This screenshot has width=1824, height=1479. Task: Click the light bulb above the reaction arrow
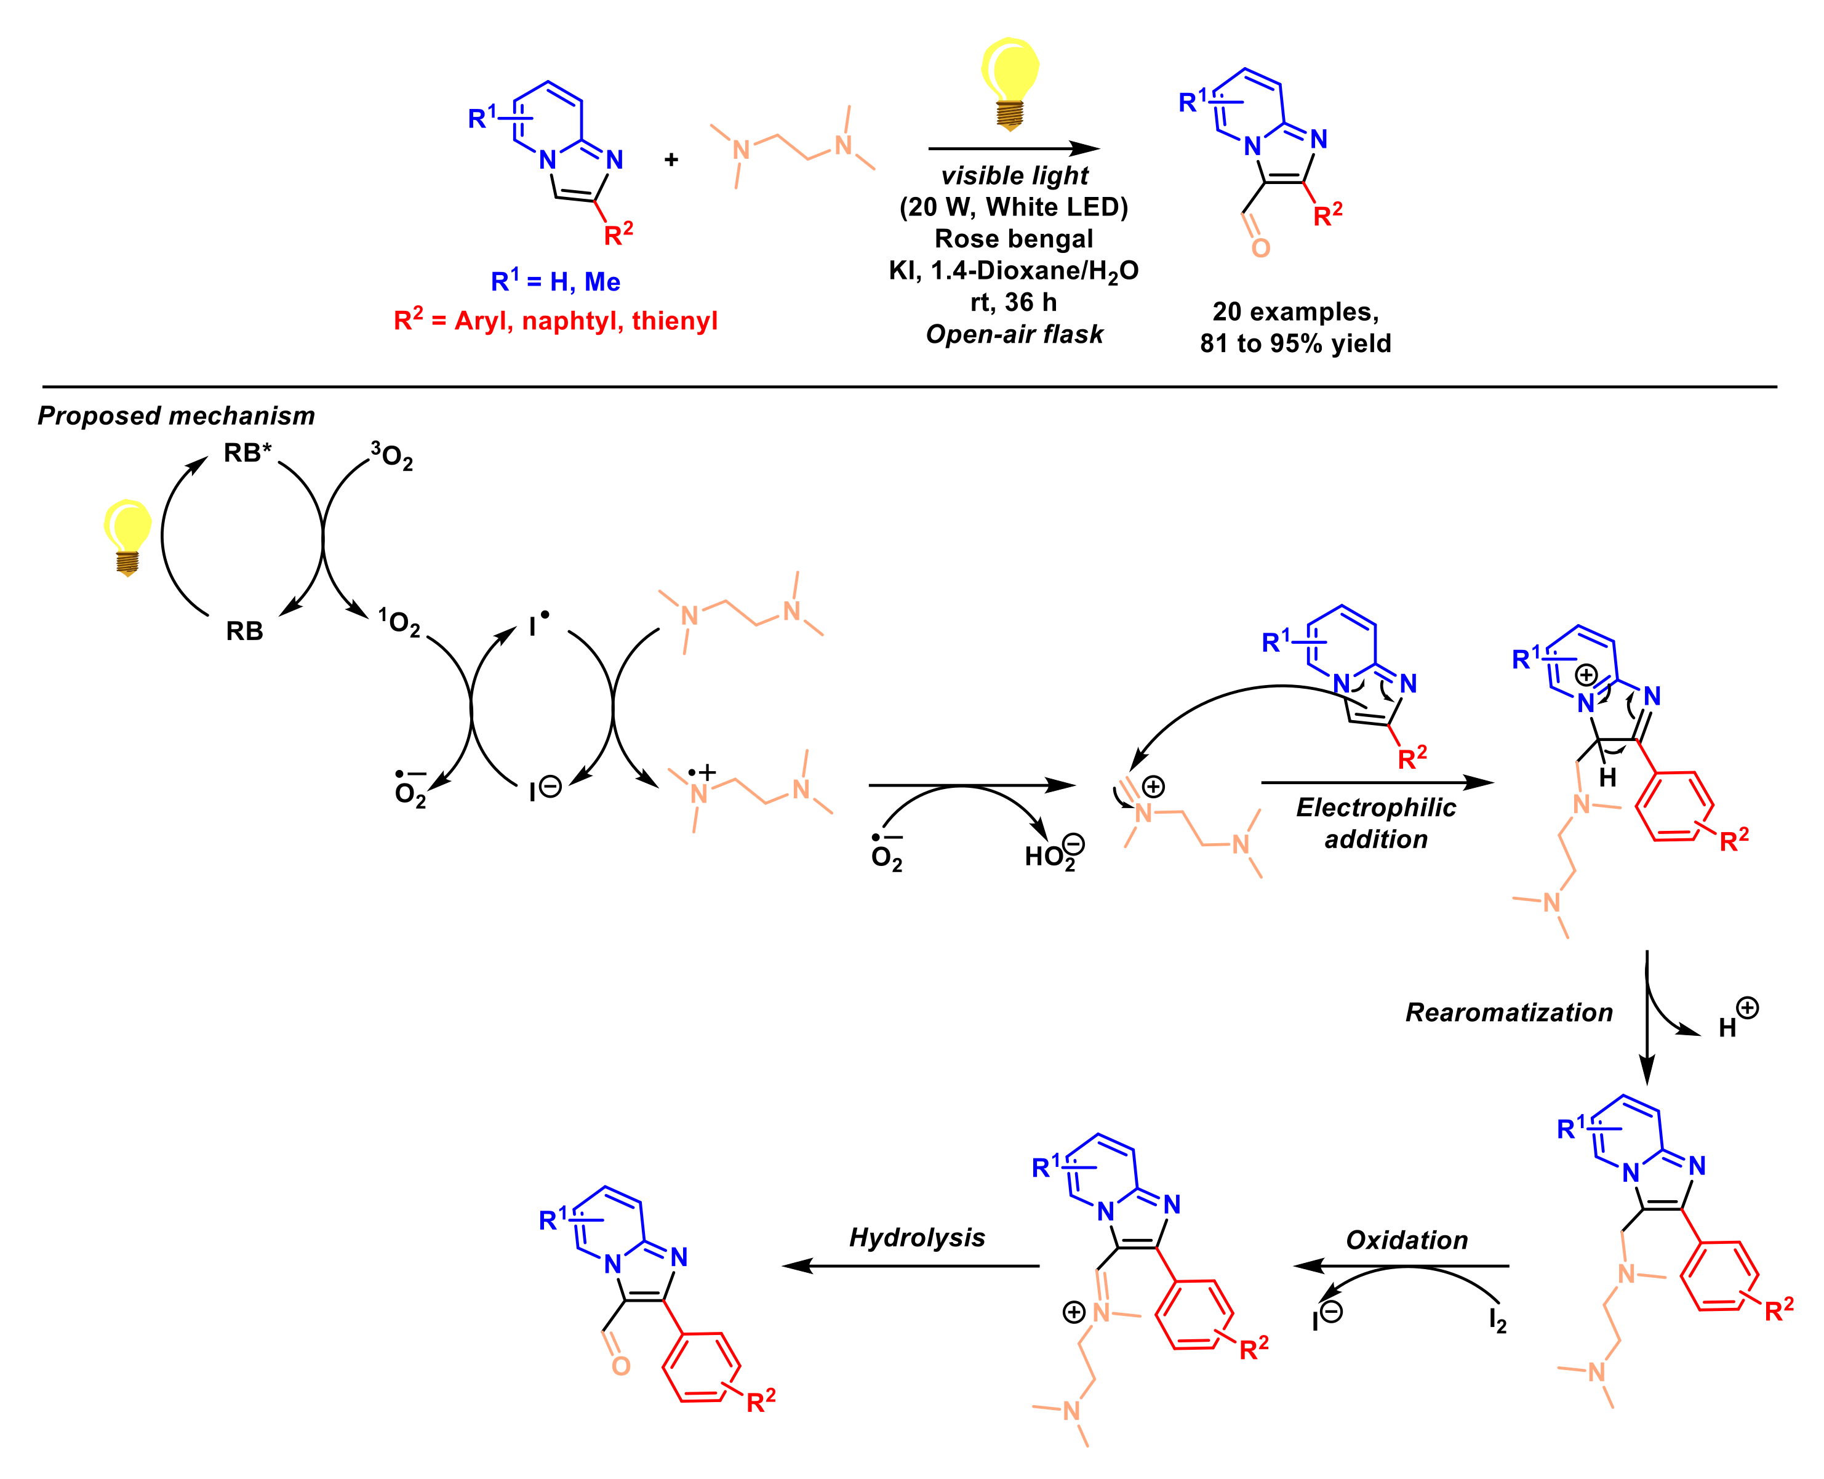point(1010,81)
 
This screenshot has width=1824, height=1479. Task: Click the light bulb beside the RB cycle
point(128,534)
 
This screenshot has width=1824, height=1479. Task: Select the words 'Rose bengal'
point(1013,239)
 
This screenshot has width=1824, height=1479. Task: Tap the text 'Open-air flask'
point(1014,334)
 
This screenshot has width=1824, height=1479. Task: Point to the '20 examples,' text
point(1295,312)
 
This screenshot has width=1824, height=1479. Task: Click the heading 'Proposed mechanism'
point(177,415)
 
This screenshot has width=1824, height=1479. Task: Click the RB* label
point(247,453)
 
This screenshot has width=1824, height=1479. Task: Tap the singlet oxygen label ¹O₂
point(399,623)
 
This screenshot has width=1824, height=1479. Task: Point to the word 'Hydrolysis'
point(917,1237)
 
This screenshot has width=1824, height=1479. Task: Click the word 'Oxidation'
point(1407,1240)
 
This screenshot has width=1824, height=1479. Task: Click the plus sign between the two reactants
point(671,159)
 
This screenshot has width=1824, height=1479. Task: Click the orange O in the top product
point(1260,248)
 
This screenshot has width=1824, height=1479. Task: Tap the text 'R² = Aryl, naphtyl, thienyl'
point(556,321)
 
